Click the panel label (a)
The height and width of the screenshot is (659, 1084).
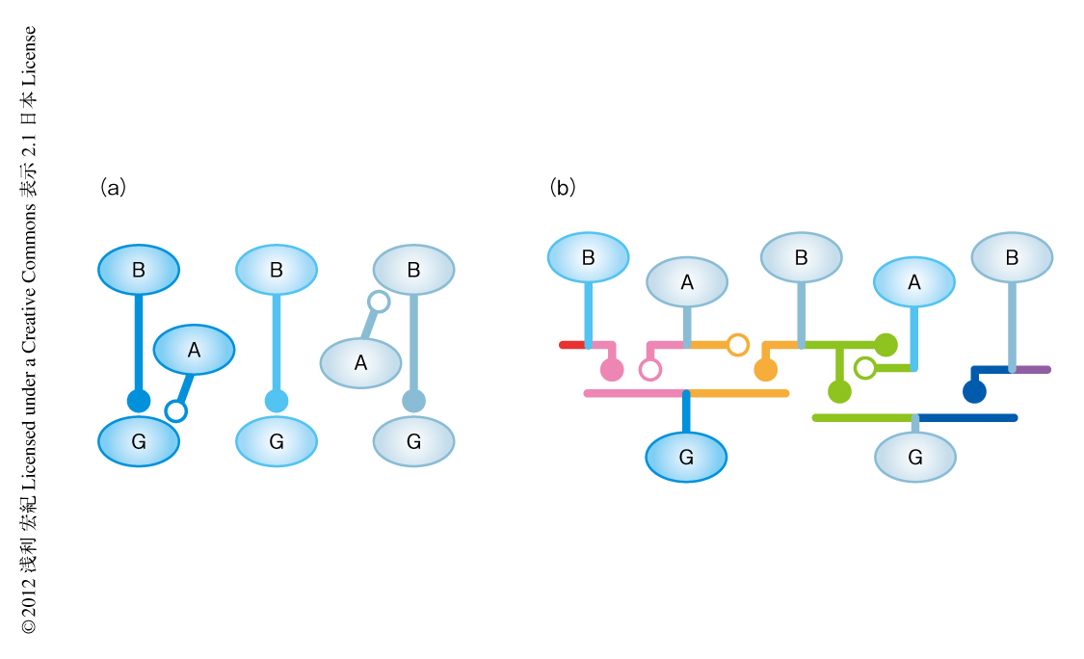tap(114, 188)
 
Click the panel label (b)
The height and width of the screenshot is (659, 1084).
tap(563, 188)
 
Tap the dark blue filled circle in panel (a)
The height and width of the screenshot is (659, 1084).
tap(139, 401)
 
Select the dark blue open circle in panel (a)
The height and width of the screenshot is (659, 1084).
tap(175, 411)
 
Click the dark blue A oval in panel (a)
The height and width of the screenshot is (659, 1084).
tap(194, 351)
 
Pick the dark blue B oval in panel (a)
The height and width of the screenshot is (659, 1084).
tap(139, 271)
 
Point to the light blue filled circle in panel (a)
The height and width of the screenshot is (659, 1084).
tap(277, 401)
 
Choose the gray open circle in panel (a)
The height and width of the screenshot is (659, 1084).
tap(379, 302)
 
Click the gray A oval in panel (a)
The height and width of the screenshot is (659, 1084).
tap(360, 363)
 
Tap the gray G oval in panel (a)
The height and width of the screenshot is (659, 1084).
tap(414, 442)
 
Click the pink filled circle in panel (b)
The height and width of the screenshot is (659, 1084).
tap(612, 370)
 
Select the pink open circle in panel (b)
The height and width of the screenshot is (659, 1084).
tap(650, 370)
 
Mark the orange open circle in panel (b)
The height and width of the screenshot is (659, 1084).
tap(738, 345)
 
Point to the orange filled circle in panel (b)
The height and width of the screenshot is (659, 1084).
tap(766, 370)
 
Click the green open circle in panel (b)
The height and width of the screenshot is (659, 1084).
tap(865, 368)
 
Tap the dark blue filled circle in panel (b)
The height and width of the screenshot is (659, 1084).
tap(974, 391)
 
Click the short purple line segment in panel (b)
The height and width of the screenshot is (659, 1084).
tap(1032, 369)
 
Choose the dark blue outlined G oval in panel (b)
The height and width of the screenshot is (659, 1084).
tap(686, 457)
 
